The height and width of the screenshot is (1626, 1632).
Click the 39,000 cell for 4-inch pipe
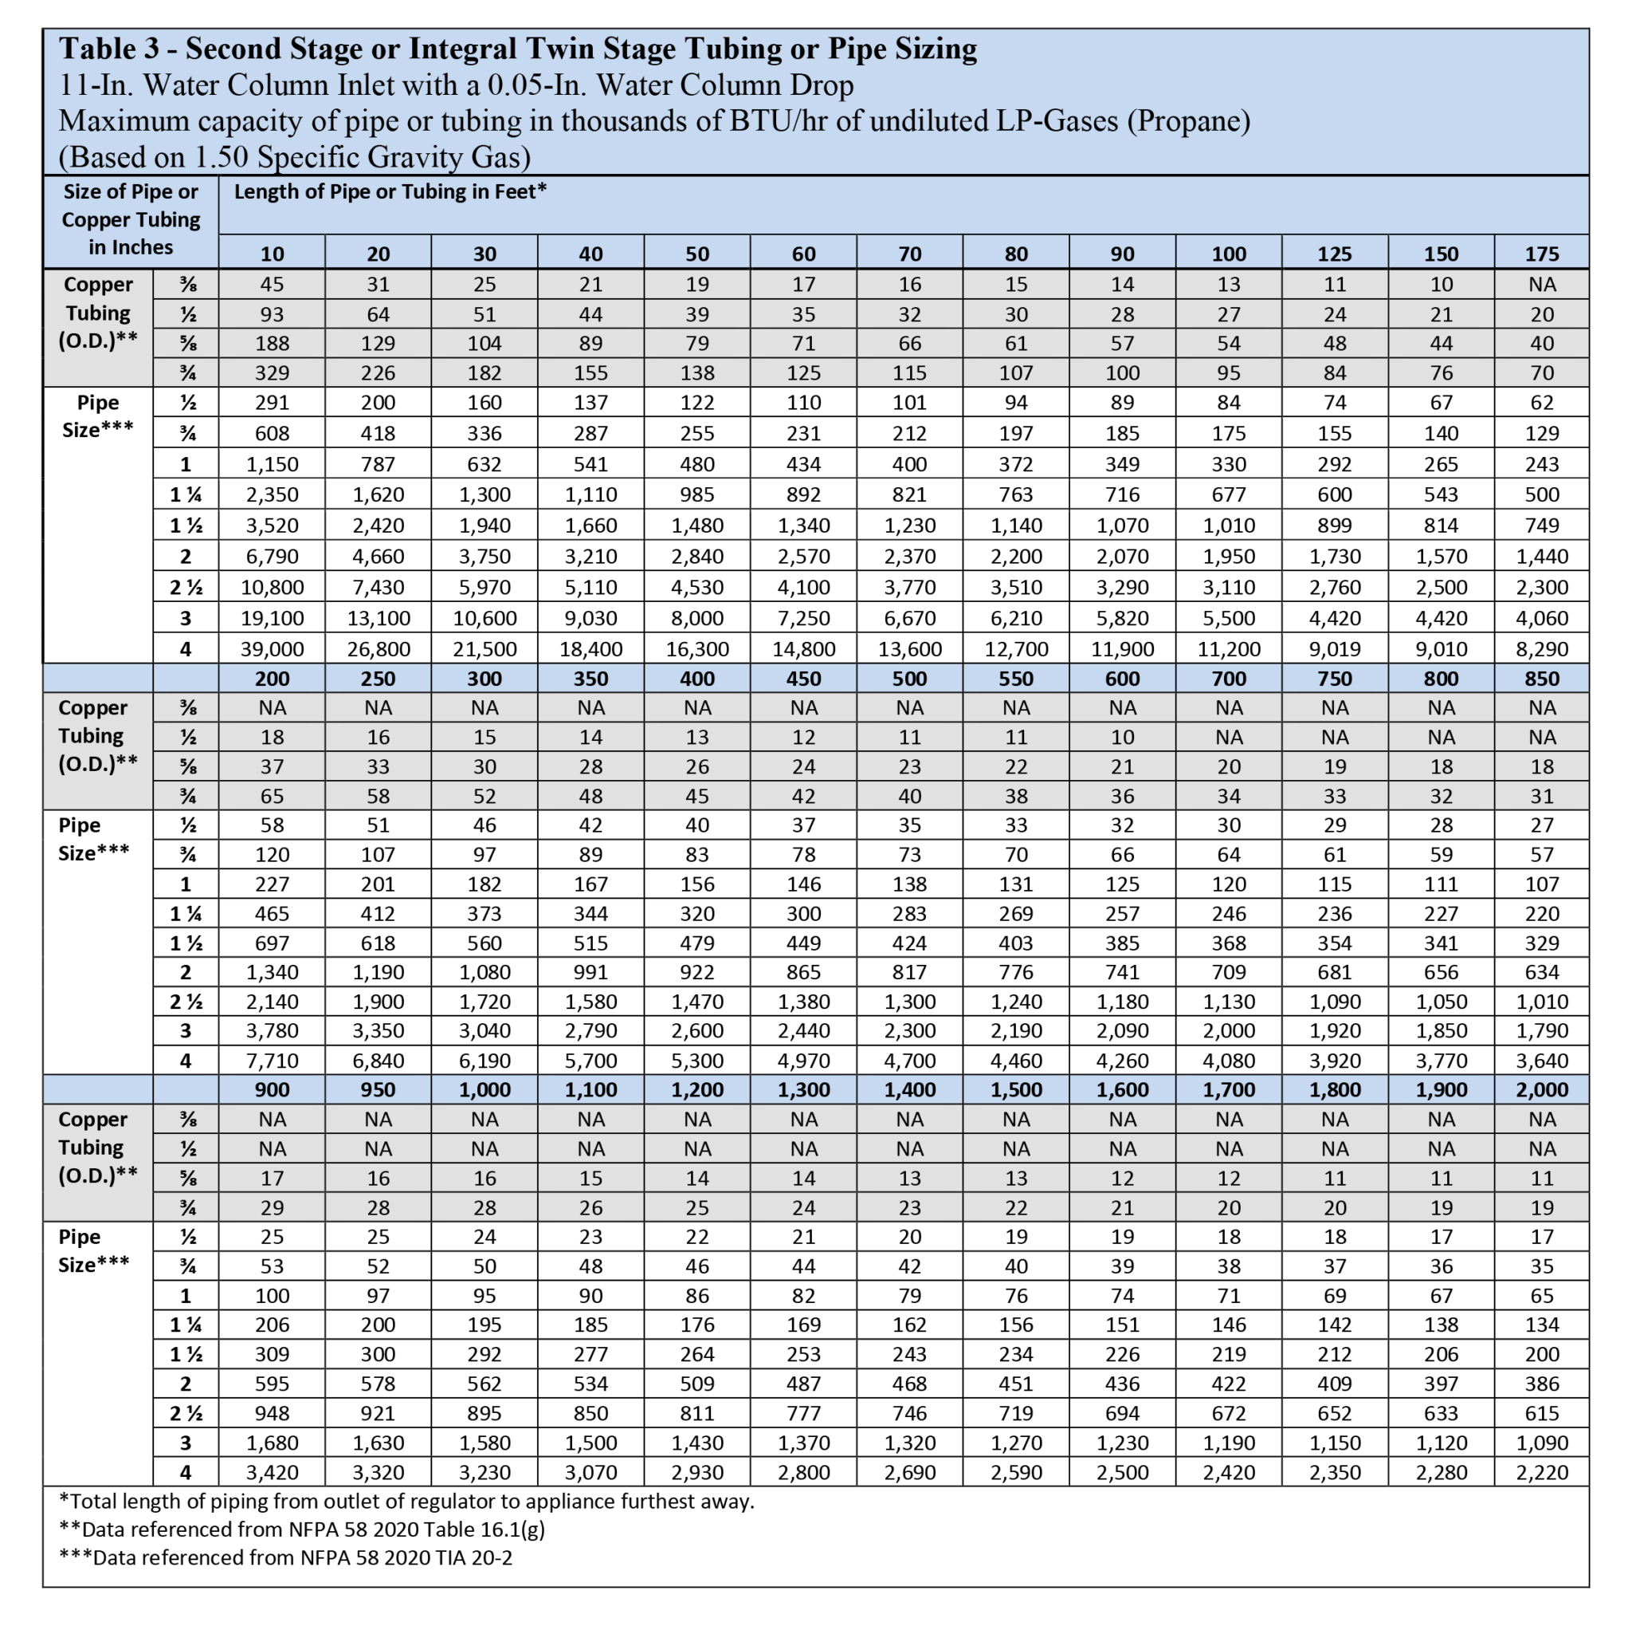(x=272, y=649)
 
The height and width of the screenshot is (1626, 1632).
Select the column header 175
(x=1542, y=254)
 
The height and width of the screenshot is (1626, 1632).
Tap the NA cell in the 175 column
(x=1542, y=285)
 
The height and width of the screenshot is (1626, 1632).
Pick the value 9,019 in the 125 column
(x=1335, y=649)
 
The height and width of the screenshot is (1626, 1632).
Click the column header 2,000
(x=1542, y=1089)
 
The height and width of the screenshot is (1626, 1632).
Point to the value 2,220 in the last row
(x=1542, y=1472)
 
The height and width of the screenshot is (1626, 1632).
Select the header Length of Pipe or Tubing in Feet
(x=390, y=192)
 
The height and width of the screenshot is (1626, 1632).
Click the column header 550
(x=1016, y=679)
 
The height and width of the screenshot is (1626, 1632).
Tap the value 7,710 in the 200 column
(x=272, y=1060)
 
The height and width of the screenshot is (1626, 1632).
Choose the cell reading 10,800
(x=272, y=588)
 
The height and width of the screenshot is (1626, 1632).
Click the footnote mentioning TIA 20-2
(x=285, y=1557)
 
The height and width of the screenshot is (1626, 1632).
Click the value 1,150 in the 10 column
(x=272, y=464)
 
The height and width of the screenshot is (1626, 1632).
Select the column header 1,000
(x=484, y=1089)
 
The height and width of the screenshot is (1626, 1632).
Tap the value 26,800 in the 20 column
(x=379, y=649)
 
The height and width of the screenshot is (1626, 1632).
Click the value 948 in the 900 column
(x=272, y=1413)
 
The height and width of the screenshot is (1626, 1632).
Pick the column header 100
(x=1228, y=254)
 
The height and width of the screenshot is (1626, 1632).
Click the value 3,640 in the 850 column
(x=1542, y=1060)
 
